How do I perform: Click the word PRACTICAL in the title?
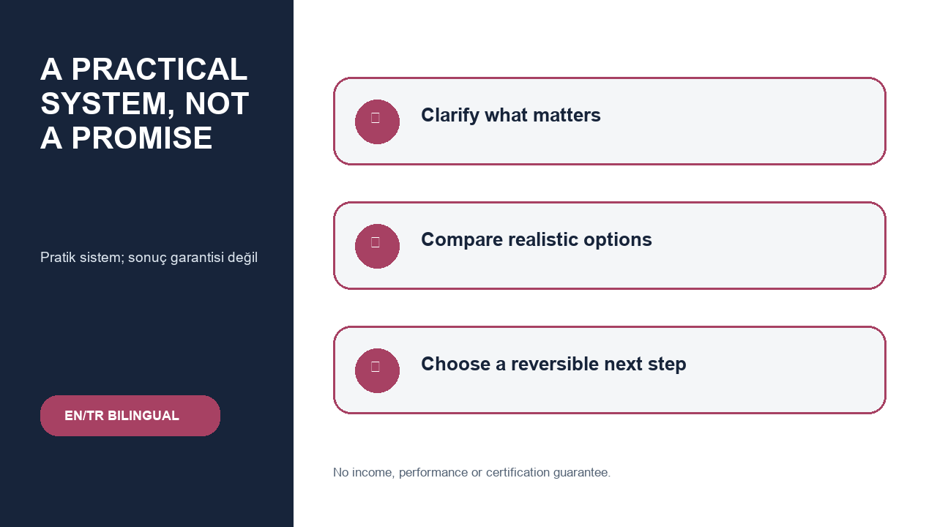(x=160, y=69)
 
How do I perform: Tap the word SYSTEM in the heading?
(x=108, y=104)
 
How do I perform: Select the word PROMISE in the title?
(x=142, y=138)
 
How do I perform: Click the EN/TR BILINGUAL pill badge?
(x=130, y=416)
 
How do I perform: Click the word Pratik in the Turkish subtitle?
(x=58, y=257)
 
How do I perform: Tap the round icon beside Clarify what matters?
(x=377, y=122)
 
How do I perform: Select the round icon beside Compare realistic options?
(x=377, y=247)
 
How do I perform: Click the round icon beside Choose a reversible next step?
(x=377, y=370)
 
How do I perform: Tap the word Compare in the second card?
(x=462, y=240)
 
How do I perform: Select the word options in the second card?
(x=617, y=240)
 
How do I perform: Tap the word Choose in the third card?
(x=455, y=364)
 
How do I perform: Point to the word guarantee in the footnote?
(x=581, y=473)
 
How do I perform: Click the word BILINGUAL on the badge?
(x=143, y=416)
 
